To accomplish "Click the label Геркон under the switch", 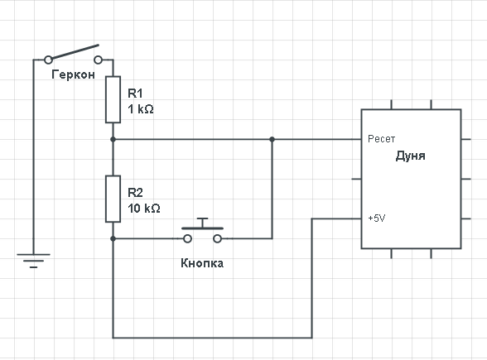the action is pyautogui.click(x=73, y=74).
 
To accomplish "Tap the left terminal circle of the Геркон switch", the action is pyautogui.click(x=48, y=60).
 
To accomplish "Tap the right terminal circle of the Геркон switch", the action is pyautogui.click(x=98, y=60).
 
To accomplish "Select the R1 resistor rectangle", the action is pyautogui.click(x=113, y=99).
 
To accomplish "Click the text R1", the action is pyautogui.click(x=135, y=93).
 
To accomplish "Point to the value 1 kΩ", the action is pyautogui.click(x=141, y=109).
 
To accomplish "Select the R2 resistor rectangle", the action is pyautogui.click(x=113, y=199).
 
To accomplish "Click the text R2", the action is pyautogui.click(x=136, y=193).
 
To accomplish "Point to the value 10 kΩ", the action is pyautogui.click(x=144, y=209).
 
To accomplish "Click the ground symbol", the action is pyautogui.click(x=33, y=261).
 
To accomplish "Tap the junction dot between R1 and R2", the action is pyautogui.click(x=113, y=139).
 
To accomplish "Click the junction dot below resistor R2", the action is pyautogui.click(x=113, y=238).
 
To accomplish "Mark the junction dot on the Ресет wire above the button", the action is pyautogui.click(x=272, y=139).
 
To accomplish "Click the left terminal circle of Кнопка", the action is pyautogui.click(x=187, y=238).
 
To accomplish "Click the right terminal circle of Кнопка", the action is pyautogui.click(x=217, y=238).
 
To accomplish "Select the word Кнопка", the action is pyautogui.click(x=202, y=263).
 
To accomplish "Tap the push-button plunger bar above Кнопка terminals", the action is pyautogui.click(x=202, y=228).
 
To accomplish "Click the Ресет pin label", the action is pyautogui.click(x=381, y=139).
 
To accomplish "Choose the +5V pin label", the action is pyautogui.click(x=377, y=218).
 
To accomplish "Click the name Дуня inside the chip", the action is pyautogui.click(x=411, y=156).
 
